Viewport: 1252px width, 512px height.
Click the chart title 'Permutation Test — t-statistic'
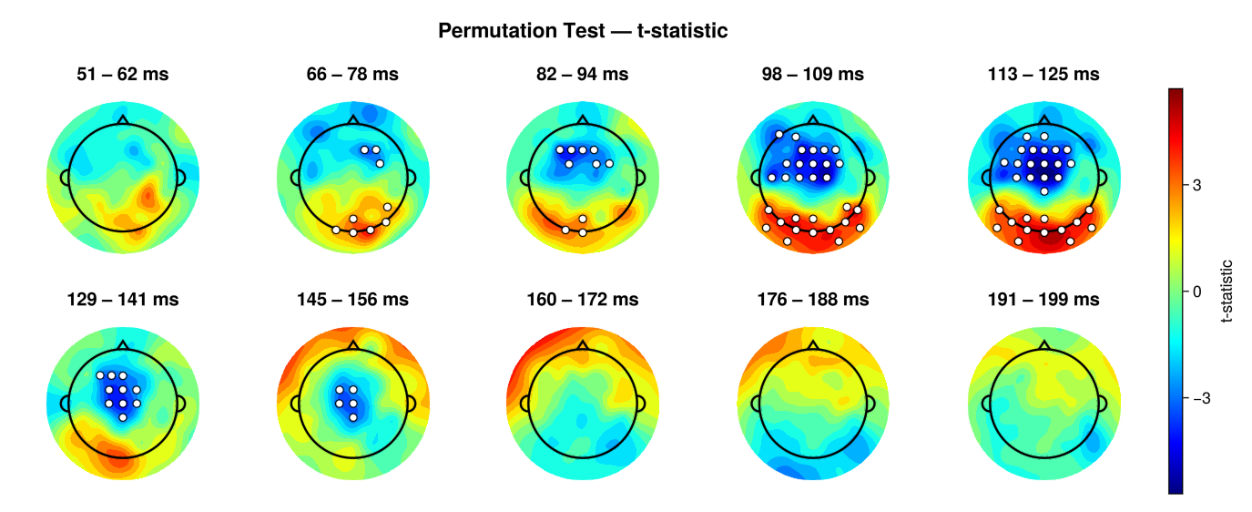[583, 31]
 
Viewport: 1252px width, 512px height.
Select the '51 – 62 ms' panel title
[122, 75]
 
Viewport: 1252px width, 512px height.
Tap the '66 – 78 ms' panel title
[352, 75]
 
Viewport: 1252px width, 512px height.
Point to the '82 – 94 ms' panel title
[583, 75]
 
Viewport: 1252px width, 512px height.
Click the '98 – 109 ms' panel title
[813, 75]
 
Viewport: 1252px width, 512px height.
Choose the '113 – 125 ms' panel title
[1043, 75]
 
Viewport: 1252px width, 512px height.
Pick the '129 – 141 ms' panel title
[122, 299]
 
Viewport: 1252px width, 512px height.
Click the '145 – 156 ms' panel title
[352, 299]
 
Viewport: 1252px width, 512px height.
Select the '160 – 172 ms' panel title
[583, 299]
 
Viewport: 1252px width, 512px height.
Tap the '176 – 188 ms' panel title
[813, 299]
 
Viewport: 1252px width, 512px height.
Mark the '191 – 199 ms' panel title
[1043, 299]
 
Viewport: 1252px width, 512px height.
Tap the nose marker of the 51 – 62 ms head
[122, 119]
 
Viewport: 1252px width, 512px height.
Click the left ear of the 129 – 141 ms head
[65, 402]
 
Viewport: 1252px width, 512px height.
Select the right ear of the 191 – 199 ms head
[1102, 402]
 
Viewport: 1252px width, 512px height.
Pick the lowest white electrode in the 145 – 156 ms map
[352, 417]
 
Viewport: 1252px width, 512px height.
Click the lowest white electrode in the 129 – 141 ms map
[122, 417]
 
